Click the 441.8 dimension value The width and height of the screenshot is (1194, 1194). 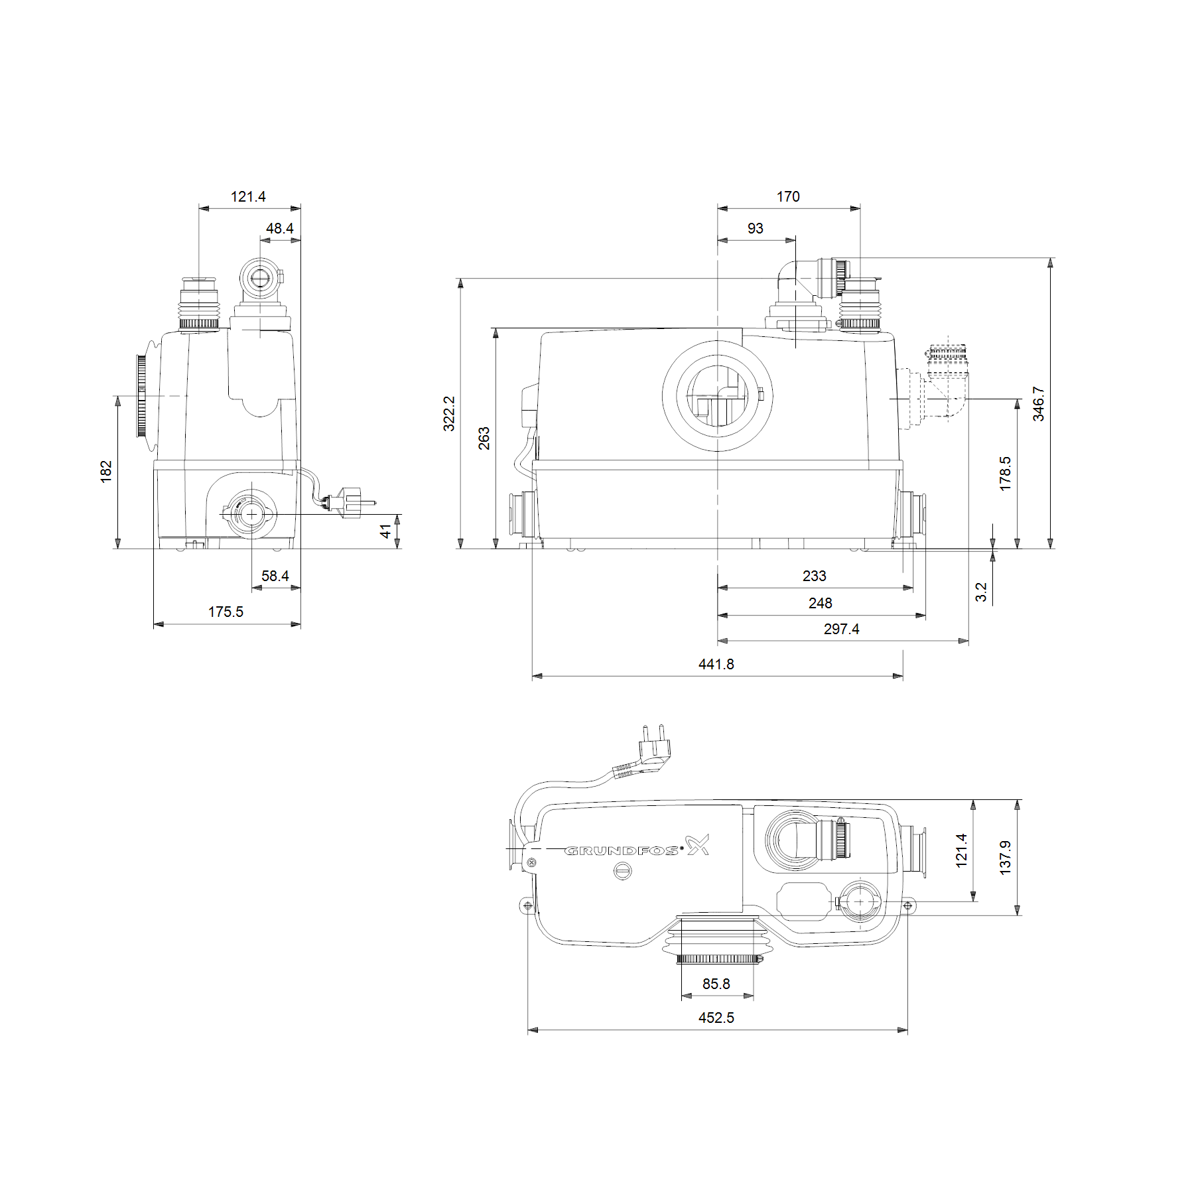click(x=716, y=664)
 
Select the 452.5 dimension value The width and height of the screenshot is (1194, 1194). click(x=716, y=1018)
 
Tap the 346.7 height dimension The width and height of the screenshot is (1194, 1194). click(x=1038, y=404)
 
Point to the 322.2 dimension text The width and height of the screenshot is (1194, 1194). click(x=449, y=413)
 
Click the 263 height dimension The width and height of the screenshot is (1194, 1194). click(x=484, y=438)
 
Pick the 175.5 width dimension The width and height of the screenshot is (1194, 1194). click(x=226, y=612)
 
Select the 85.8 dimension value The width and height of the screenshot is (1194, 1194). click(x=716, y=984)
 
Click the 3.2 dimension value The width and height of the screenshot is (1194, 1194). click(x=981, y=592)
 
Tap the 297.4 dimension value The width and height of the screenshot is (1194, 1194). click(x=841, y=629)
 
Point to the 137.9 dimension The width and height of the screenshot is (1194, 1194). click(x=1005, y=858)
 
